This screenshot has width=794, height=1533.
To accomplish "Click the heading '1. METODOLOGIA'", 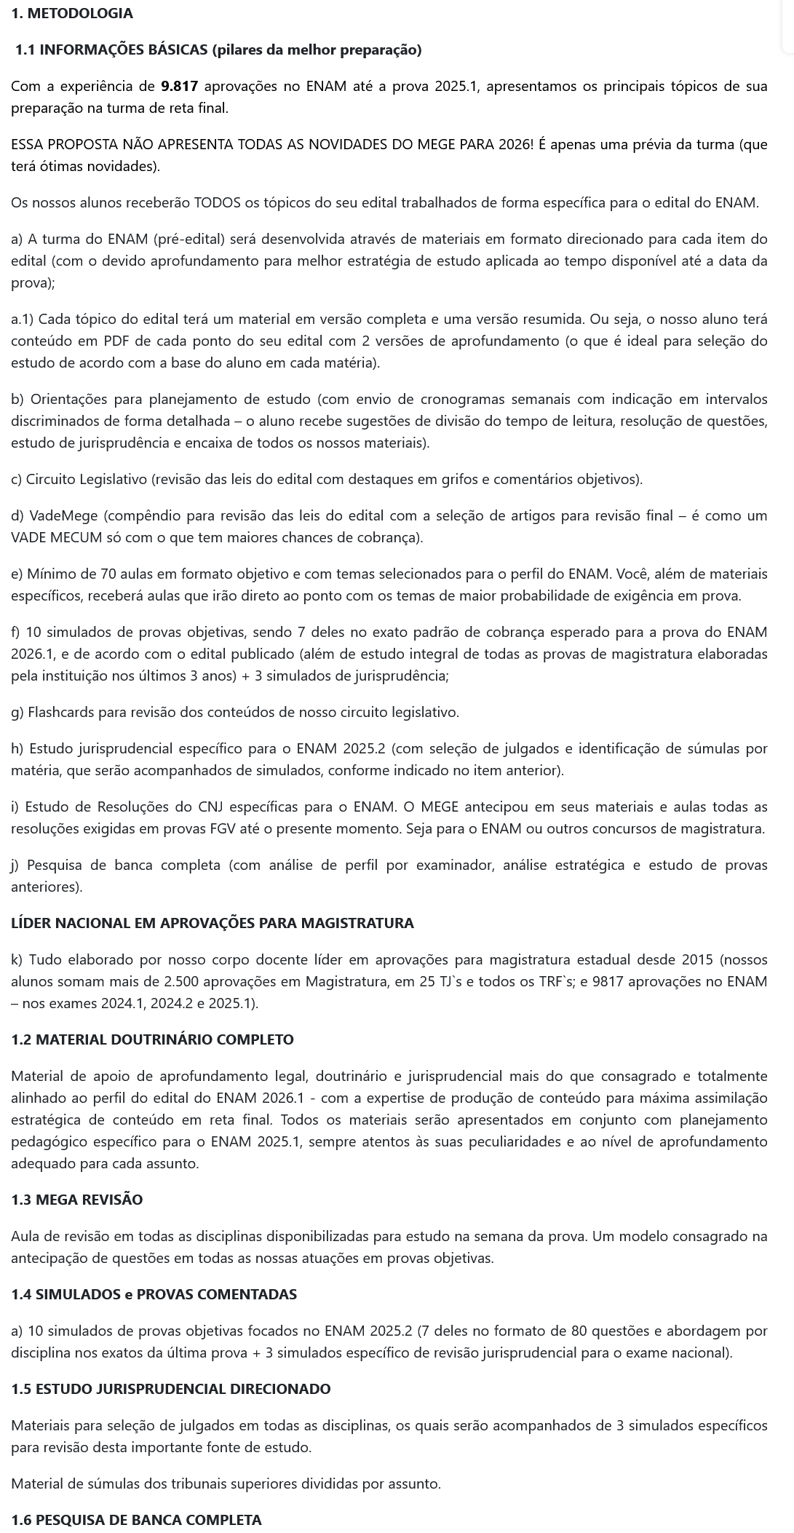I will coord(72,13).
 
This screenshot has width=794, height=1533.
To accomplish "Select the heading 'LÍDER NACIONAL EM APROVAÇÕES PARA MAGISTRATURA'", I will coord(213,923).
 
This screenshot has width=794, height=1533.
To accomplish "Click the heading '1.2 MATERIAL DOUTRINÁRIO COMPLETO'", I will coord(153,1039).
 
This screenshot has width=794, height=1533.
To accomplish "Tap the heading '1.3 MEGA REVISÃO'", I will coord(77,1200).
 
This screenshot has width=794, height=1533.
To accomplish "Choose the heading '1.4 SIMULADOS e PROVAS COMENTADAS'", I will coord(154,1294).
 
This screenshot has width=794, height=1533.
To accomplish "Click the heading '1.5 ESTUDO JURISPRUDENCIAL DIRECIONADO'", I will coord(171,1389).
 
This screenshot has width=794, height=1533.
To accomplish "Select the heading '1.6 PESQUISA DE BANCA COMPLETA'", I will coord(136,1520).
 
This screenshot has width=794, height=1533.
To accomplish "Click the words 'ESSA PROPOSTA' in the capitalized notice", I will coord(55,144).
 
